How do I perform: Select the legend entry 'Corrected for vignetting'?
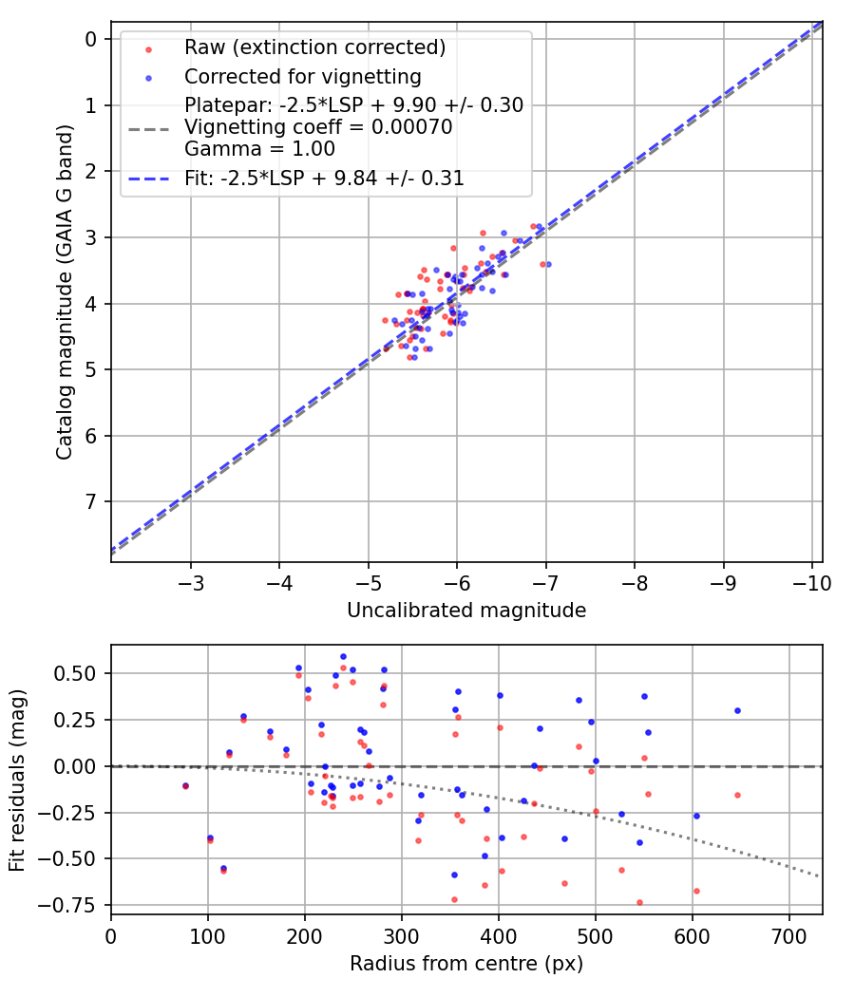coord(303,76)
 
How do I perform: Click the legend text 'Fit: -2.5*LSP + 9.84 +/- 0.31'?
coord(324,178)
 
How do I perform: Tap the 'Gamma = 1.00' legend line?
coord(247,149)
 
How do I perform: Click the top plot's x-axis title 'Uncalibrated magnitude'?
coord(466,610)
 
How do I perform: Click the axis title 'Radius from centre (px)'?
coord(466,964)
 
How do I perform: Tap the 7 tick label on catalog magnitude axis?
coord(91,501)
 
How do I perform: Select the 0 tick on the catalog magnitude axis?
coord(91,39)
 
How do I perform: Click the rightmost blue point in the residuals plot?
coord(737,710)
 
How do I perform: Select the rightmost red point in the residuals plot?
coord(737,795)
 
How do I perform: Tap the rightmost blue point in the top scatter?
coord(548,264)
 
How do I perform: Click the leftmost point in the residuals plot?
coord(185,786)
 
